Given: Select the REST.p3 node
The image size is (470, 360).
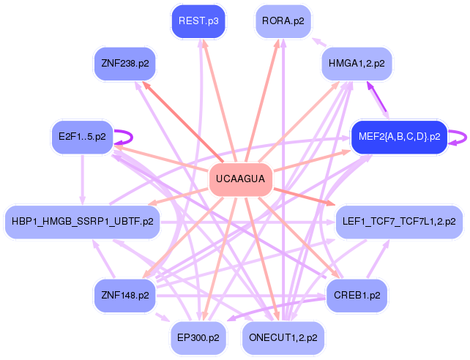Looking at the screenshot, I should point(199,21).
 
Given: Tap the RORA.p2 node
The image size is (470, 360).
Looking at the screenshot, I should point(283,21).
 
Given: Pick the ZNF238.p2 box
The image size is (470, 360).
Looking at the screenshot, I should point(124,63).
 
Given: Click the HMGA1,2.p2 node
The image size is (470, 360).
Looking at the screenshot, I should point(357,64).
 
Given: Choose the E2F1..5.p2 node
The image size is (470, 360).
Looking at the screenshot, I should point(82,136).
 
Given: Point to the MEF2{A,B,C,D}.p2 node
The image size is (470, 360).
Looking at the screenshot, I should point(398,136).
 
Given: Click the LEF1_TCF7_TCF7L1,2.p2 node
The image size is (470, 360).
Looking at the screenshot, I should point(399,221).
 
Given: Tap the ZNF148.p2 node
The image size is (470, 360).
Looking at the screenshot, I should point(124,296).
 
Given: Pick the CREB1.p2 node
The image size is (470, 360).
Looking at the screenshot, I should point(357,296).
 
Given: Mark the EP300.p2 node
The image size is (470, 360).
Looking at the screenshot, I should point(198,337).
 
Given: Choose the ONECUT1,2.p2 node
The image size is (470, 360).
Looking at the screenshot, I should point(283,337).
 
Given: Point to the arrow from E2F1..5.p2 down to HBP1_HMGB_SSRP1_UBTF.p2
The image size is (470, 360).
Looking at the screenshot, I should point(82,179).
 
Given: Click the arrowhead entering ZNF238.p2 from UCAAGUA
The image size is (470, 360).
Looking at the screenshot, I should point(146,85).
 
